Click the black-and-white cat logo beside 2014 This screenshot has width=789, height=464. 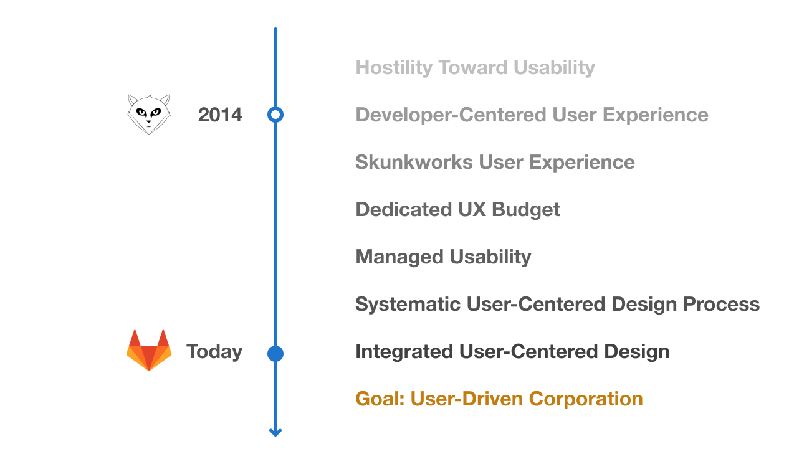(149, 115)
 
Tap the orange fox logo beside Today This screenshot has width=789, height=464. (149, 350)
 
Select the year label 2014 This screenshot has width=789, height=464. (220, 115)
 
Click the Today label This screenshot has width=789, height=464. (214, 352)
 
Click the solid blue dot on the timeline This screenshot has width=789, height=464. (275, 354)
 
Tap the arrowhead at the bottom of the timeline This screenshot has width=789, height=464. (275, 433)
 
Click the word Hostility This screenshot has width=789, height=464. (394, 68)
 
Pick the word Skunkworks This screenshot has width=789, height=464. (414, 163)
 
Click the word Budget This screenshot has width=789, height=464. (525, 210)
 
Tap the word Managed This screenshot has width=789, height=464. (399, 257)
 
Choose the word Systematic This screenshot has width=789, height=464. (408, 304)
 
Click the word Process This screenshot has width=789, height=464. (721, 304)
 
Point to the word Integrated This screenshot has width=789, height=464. (404, 352)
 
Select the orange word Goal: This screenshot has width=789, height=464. (380, 399)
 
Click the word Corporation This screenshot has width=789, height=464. (586, 399)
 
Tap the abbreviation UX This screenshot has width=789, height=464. (472, 210)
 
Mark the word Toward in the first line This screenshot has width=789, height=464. (472, 68)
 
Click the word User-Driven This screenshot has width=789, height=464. (467, 399)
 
